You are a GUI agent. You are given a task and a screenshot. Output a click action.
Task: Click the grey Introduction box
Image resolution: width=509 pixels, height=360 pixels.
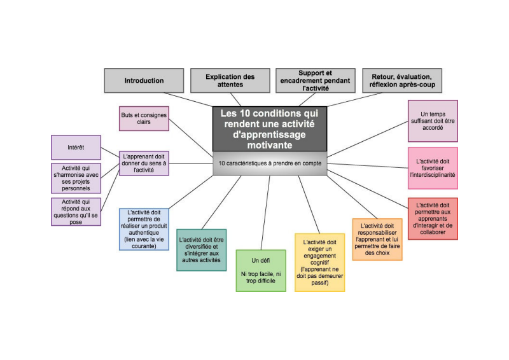point(144,81)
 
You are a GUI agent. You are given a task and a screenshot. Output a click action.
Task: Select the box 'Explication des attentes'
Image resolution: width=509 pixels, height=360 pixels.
point(230,81)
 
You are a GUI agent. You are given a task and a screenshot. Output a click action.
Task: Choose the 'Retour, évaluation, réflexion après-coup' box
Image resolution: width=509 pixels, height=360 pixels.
point(402,81)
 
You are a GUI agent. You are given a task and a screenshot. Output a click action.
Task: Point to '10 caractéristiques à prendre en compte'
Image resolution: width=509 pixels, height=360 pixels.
point(269,163)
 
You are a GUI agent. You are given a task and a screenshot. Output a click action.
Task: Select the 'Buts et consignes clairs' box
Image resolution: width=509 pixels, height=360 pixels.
point(144,118)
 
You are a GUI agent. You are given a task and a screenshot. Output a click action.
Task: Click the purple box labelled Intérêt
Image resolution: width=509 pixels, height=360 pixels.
point(76,147)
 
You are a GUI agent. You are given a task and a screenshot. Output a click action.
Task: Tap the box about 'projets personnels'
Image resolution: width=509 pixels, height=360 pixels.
point(76,177)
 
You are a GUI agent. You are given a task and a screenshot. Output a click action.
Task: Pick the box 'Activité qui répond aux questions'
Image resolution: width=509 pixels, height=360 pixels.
point(76,212)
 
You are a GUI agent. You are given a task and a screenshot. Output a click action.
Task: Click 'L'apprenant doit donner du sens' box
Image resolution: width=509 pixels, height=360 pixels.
point(144,163)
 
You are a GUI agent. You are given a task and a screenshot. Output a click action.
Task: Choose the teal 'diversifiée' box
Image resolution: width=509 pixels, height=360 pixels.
point(200,249)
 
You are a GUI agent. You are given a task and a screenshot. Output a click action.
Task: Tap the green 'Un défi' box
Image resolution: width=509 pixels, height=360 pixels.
point(260,271)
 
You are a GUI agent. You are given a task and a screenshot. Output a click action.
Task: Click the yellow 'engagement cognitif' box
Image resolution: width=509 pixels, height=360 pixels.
point(319,261)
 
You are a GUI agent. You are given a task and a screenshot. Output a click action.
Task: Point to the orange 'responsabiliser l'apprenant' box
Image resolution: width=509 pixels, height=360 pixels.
point(377,239)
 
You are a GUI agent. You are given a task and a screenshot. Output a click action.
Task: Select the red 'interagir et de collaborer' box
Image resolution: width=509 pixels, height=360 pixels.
point(433,218)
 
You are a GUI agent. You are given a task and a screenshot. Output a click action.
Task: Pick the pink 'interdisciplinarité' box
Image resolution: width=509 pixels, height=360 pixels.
point(433,168)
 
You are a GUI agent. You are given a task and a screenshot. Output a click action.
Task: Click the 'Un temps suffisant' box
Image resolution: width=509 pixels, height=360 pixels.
point(433,120)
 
